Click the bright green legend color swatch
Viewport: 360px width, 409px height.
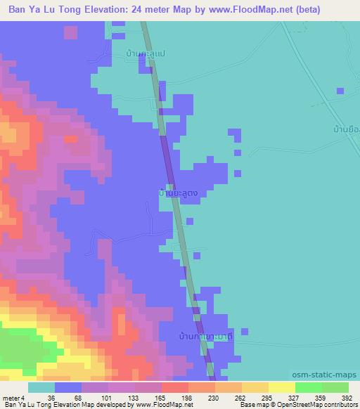click(x=309, y=387)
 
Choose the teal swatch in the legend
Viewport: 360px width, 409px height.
click(x=41, y=387)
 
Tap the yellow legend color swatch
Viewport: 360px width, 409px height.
click(x=282, y=387)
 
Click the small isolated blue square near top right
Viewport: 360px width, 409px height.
click(x=340, y=91)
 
